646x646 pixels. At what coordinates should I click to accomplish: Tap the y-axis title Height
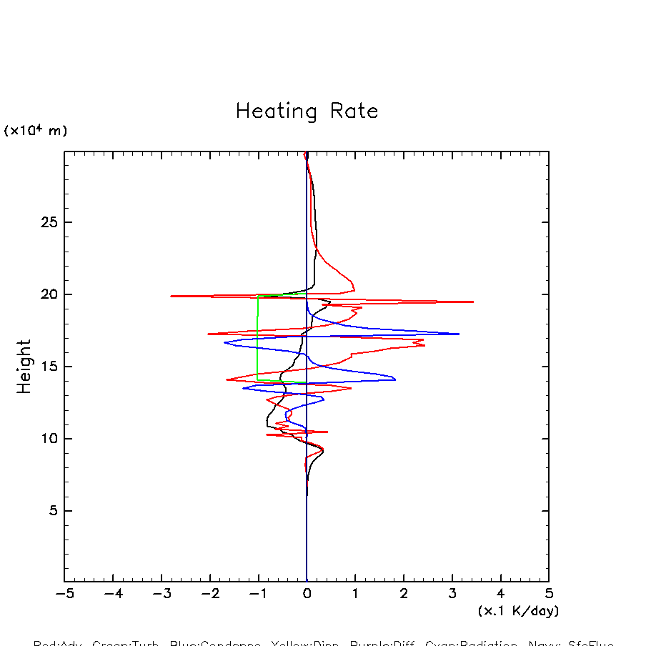click(24, 367)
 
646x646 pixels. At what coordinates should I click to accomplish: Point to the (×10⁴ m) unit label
click(36, 131)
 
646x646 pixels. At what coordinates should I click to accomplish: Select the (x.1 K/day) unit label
click(518, 611)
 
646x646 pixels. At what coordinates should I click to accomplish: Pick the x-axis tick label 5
click(549, 594)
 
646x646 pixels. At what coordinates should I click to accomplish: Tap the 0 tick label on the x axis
click(307, 594)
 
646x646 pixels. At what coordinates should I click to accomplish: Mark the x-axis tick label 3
click(452, 594)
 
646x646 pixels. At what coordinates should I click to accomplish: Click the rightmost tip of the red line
click(473, 302)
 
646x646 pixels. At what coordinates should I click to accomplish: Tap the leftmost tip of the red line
click(171, 296)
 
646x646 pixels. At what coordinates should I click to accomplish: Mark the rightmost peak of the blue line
click(459, 334)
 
